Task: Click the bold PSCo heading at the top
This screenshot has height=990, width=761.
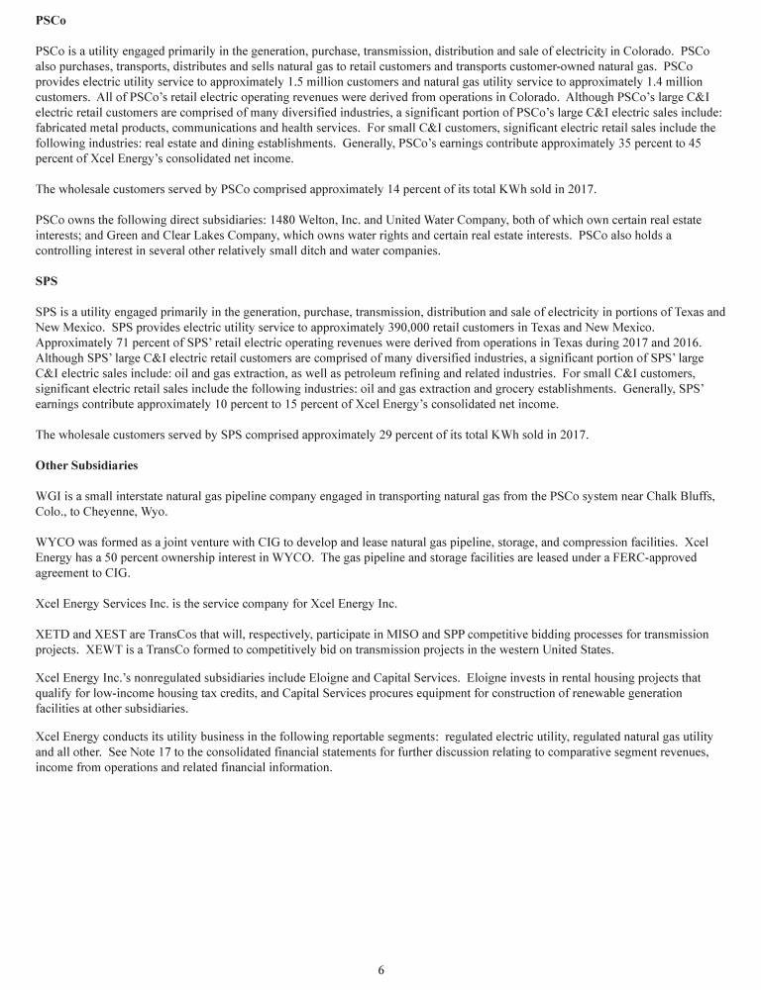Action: [49, 21]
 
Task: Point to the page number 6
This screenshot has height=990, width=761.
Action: [380, 969]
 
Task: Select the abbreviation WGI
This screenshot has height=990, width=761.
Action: [49, 496]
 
